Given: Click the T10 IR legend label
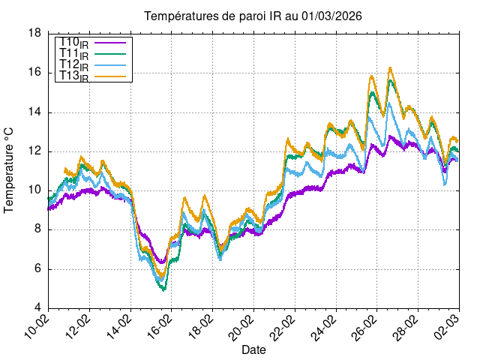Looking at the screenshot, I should pyautogui.click(x=73, y=43).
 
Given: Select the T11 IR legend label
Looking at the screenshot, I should pyautogui.click(x=73, y=54).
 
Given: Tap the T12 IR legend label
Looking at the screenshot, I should pyautogui.click(x=73, y=65).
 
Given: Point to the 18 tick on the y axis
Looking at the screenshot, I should pyautogui.click(x=34, y=34).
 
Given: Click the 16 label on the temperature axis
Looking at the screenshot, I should pyautogui.click(x=34, y=73).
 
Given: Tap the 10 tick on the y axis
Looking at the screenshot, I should pyautogui.click(x=34, y=190).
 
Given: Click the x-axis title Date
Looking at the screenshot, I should pyautogui.click(x=253, y=349).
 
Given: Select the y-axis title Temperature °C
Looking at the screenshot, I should pyautogui.click(x=9, y=170).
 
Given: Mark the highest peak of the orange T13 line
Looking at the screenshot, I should pyautogui.click(x=390, y=68).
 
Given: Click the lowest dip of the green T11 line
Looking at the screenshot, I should pyautogui.click(x=163, y=289).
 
